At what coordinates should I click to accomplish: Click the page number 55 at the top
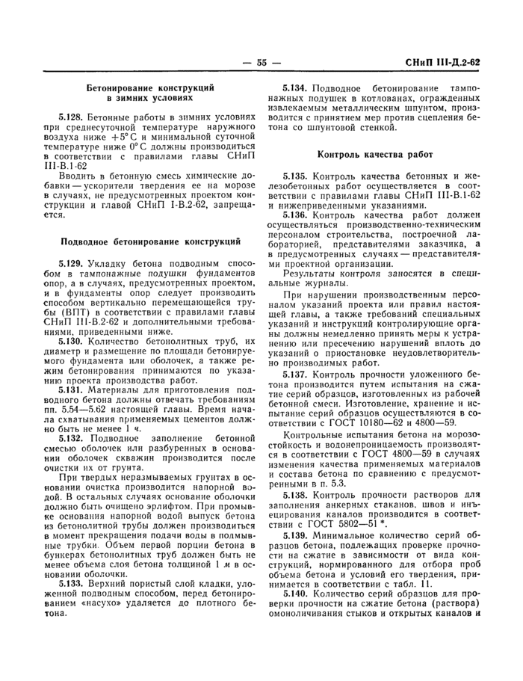pyautogui.click(x=261, y=63)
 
